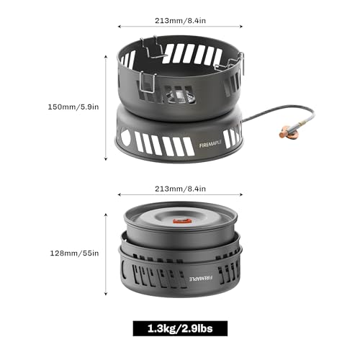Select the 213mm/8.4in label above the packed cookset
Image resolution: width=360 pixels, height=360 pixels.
pos(179,189)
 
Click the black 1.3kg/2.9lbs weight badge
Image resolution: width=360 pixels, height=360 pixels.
pos(179,329)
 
